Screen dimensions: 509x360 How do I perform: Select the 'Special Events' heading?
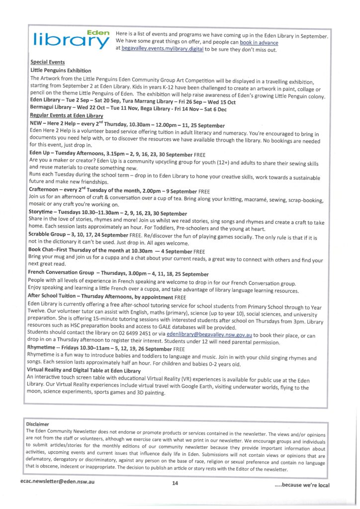(48, 62)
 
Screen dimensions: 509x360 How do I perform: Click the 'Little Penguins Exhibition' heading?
(61, 71)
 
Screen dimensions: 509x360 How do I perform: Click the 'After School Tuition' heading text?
(57, 296)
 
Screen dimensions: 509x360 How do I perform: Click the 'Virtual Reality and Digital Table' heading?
(85, 371)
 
